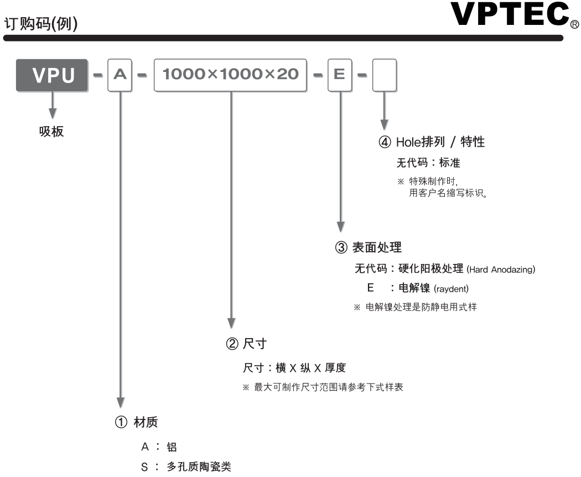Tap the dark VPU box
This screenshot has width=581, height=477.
point(53,76)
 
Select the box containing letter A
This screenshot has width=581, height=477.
point(120,76)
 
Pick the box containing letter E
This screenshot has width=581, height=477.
point(339,76)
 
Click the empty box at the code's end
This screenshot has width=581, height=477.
point(385,76)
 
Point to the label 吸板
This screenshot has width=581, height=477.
point(51,132)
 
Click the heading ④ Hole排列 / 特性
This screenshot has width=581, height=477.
point(432,142)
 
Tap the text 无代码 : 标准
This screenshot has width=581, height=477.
point(428,163)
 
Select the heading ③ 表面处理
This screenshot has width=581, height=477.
point(368,247)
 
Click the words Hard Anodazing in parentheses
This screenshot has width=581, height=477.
point(501,269)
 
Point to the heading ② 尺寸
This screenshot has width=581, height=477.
point(246,344)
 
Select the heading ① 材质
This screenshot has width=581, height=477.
point(136,423)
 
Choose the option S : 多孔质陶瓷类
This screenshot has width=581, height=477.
point(186,467)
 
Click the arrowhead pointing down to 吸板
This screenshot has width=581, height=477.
point(53,112)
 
